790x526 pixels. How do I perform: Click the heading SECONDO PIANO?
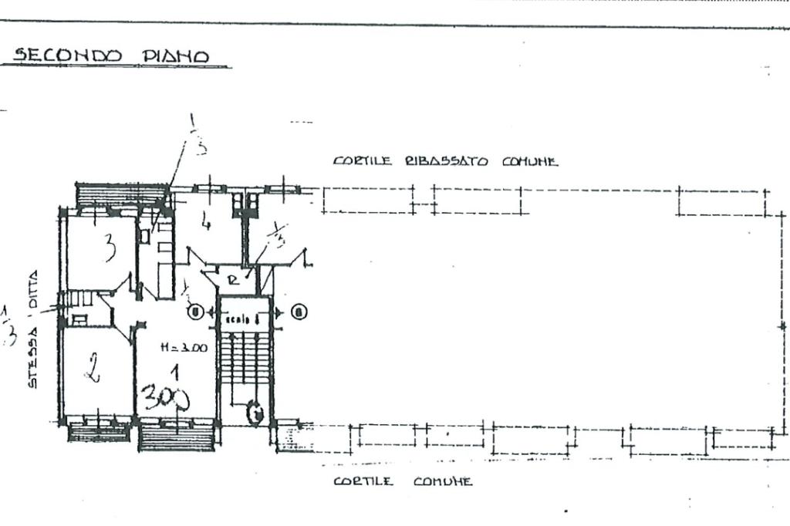pos(111,56)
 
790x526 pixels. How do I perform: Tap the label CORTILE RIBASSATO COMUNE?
pos(445,161)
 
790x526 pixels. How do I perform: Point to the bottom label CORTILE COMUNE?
pos(402,481)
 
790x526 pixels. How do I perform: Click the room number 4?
pos(204,224)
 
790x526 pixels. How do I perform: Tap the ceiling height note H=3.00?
pos(183,348)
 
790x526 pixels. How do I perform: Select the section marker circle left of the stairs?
pos(196,312)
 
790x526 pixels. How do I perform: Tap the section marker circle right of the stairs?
pos(299,312)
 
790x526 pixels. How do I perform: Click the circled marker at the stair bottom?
pos(254,414)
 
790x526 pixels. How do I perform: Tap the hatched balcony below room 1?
pos(177,435)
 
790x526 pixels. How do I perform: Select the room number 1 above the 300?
pos(177,373)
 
